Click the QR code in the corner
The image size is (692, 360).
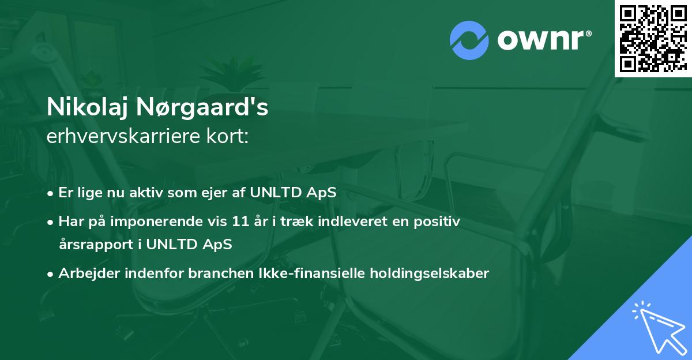[x=653, y=38]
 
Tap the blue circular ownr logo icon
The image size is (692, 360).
[x=469, y=40]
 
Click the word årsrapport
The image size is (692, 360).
[x=93, y=244]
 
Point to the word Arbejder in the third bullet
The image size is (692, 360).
[x=85, y=273]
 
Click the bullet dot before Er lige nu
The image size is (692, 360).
[x=52, y=193]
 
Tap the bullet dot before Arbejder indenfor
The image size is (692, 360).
[x=52, y=274]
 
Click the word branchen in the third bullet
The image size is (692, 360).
[x=217, y=273]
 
